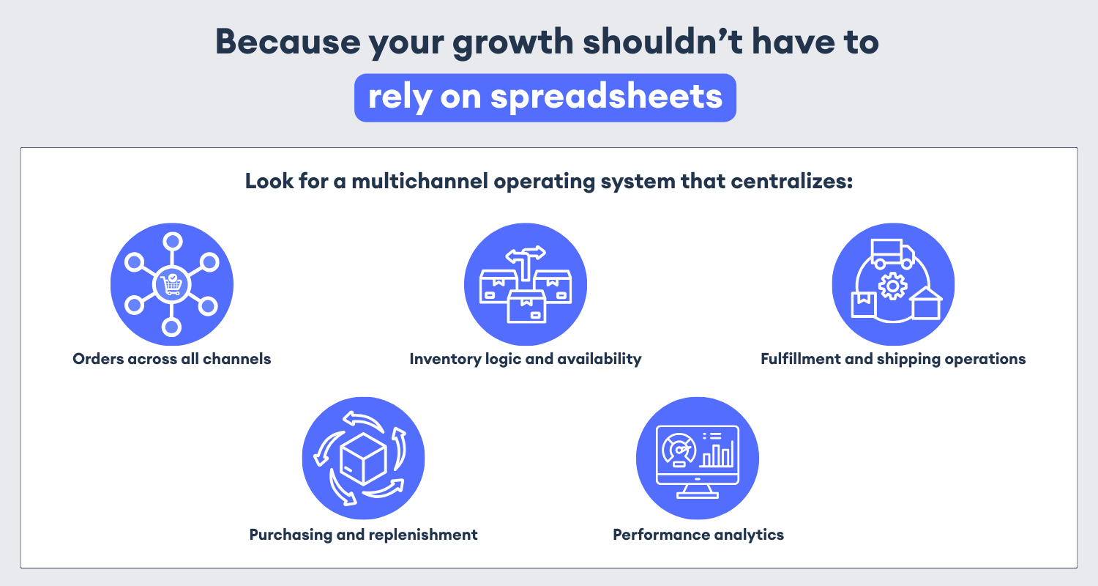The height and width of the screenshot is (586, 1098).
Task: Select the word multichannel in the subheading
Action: pos(420,181)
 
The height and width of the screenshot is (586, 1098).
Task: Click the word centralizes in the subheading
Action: pos(791,181)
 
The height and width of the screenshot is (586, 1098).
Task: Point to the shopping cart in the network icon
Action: pos(171,284)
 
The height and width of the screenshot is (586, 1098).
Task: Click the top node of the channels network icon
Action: pos(172,241)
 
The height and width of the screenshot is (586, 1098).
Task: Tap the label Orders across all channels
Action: pos(171,359)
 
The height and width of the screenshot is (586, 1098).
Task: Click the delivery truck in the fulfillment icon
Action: pos(892,253)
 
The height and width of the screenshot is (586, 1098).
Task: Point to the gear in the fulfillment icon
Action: pos(892,286)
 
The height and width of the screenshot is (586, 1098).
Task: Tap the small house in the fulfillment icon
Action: pos(925,303)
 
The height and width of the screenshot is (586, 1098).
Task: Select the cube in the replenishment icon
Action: pos(363,459)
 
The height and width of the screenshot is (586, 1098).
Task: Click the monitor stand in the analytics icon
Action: pos(698,492)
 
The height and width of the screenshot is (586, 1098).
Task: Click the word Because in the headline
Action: pos(288,42)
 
